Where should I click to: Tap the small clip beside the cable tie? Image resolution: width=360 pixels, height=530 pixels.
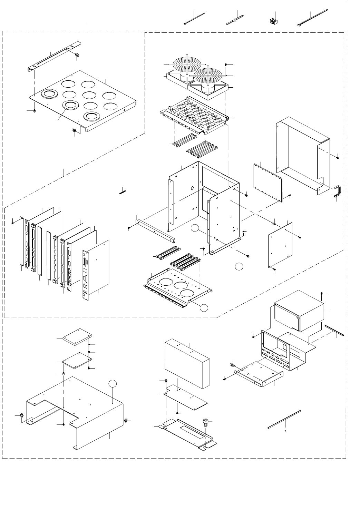(273, 22)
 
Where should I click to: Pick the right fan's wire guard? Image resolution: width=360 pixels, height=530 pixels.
(208, 74)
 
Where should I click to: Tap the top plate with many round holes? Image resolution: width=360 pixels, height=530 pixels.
(83, 102)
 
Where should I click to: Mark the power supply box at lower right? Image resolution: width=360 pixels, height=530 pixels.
(300, 312)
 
